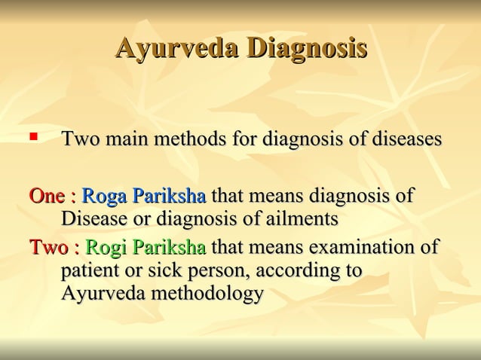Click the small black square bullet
coord(32,138)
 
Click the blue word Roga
coord(105,197)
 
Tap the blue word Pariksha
coord(170,197)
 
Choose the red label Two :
coord(54,247)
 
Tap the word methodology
coord(208,293)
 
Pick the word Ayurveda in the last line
coord(104,293)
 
